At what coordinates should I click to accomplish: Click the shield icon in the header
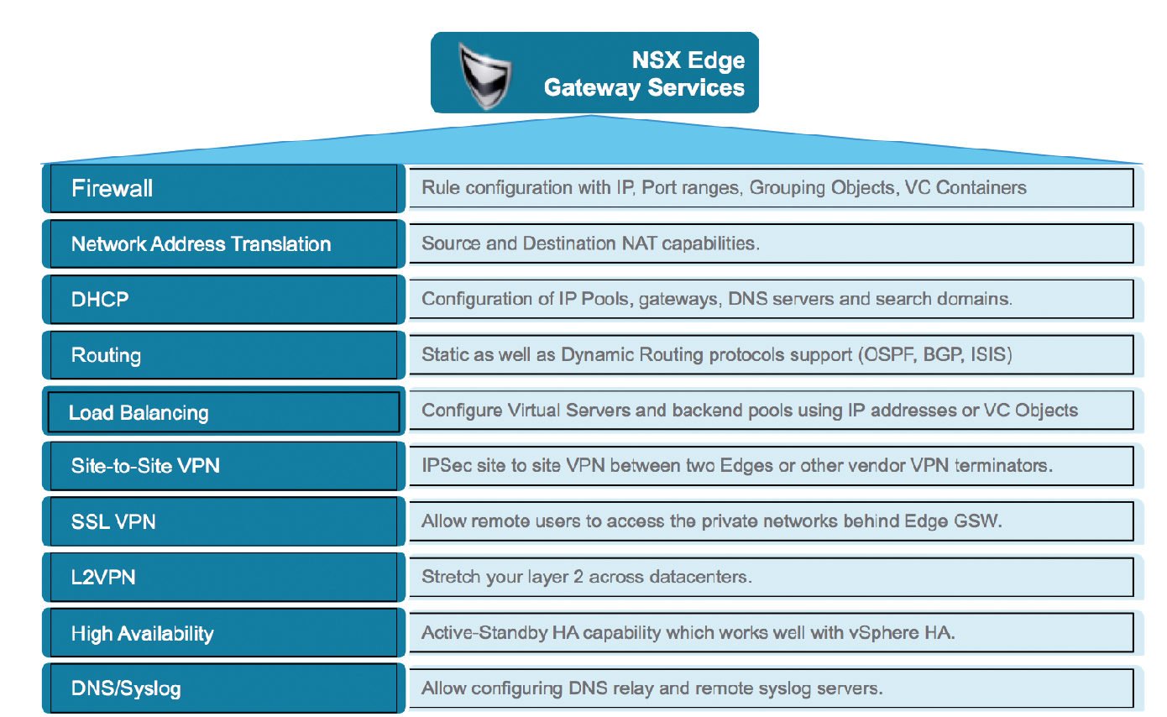pyautogui.click(x=485, y=76)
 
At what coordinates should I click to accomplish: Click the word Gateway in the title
pyautogui.click(x=592, y=88)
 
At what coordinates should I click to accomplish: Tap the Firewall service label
pyautogui.click(x=112, y=188)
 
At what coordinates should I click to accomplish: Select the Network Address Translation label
pyautogui.click(x=201, y=243)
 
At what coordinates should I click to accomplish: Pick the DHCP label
pyautogui.click(x=100, y=299)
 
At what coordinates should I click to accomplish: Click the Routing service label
pyautogui.click(x=107, y=355)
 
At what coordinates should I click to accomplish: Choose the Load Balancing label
pyautogui.click(x=139, y=413)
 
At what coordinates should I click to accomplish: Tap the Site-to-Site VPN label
pyautogui.click(x=145, y=466)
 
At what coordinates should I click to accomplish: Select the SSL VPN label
pyautogui.click(x=113, y=521)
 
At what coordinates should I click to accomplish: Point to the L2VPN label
pyautogui.click(x=103, y=578)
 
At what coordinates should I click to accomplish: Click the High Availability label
pyautogui.click(x=143, y=634)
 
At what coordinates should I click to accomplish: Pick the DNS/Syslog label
pyautogui.click(x=126, y=688)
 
